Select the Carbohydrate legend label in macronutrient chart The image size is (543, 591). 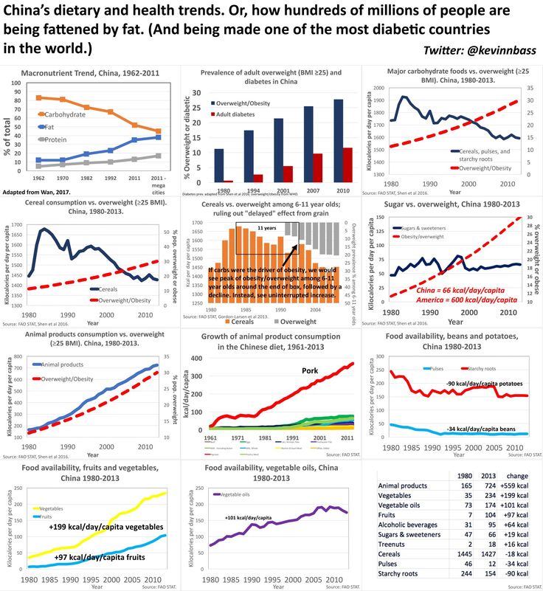coord(64,115)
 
